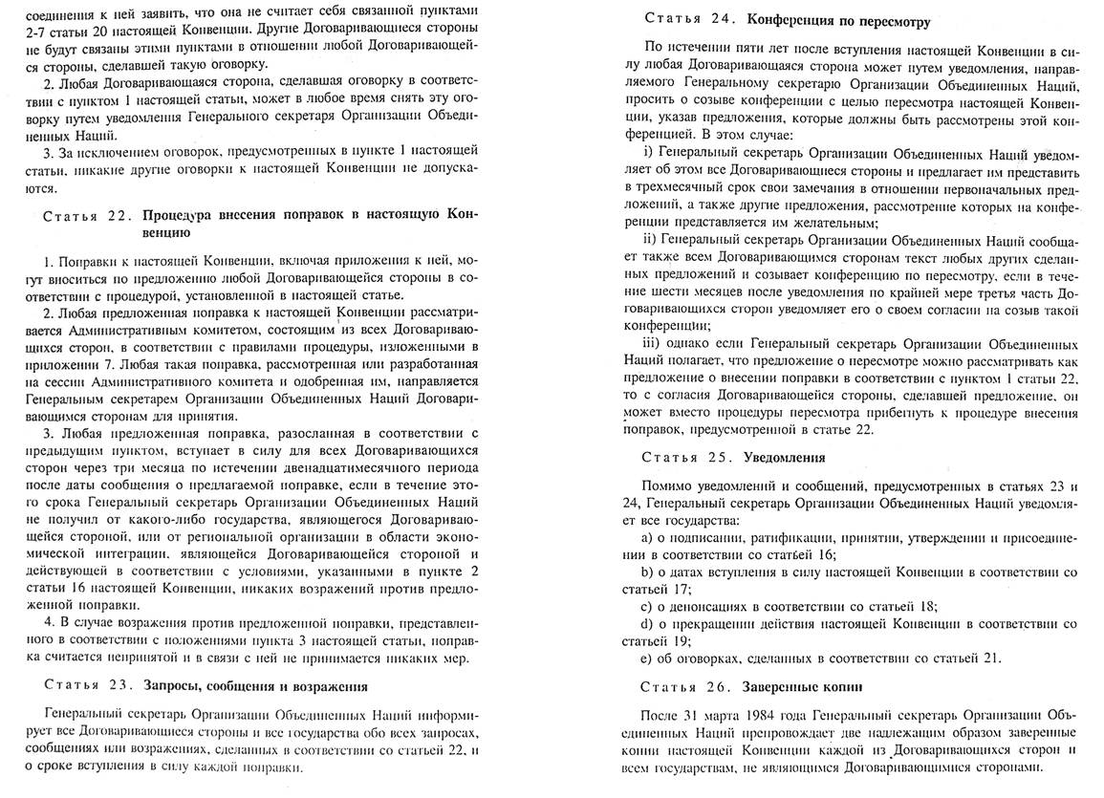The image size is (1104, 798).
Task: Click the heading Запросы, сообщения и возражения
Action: click(255, 685)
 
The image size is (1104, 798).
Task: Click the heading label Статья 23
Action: click(86, 685)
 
